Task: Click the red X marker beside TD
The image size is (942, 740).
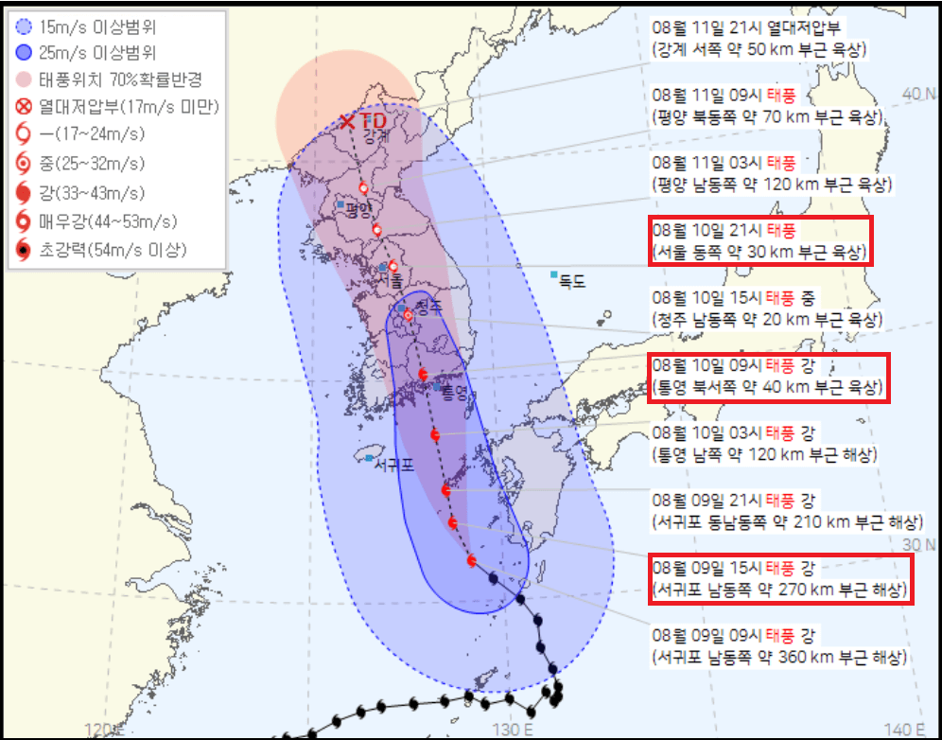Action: tap(348, 121)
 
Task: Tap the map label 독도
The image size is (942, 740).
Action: tap(572, 281)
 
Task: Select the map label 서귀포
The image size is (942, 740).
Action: tap(393, 465)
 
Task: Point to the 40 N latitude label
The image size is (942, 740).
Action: tap(913, 94)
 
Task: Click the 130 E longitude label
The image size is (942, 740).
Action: tap(515, 729)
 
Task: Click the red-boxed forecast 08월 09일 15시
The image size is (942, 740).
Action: tap(781, 579)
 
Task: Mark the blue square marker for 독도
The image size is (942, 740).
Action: tap(554, 274)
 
